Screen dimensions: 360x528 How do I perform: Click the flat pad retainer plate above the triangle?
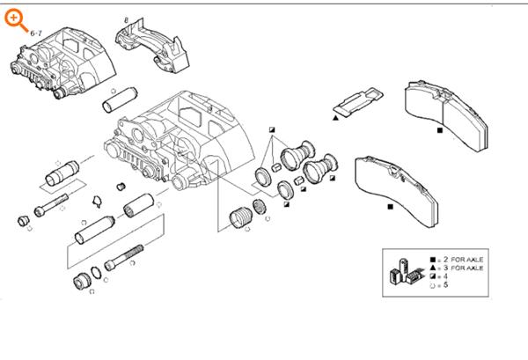coord(361,101)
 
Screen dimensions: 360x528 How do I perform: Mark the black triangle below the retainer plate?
coord(336,117)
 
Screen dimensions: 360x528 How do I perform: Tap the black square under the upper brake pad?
coord(439,130)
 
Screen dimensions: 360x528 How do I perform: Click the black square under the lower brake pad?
coord(388,207)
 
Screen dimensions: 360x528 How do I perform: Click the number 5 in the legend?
coord(445,284)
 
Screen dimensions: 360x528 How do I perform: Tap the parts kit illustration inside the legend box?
coord(406,272)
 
